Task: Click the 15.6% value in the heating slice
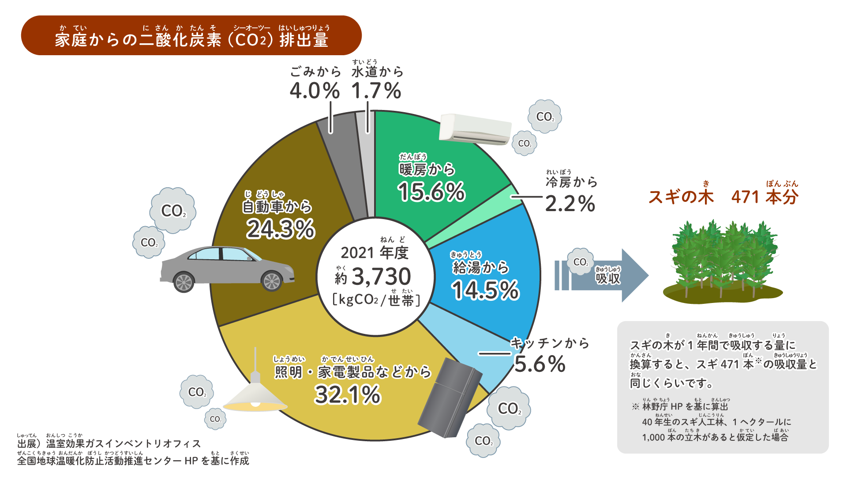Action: [431, 192]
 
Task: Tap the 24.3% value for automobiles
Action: [281, 229]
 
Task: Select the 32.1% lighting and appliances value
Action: [347, 395]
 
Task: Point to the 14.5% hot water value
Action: [485, 291]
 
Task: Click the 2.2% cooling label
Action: [570, 204]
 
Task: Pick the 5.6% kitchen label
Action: [540, 364]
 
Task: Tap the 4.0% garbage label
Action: [315, 91]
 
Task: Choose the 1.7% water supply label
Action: [376, 91]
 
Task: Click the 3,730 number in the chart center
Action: [381, 277]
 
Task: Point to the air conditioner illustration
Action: [476, 129]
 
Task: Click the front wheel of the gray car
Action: [271, 281]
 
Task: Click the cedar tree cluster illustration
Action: [723, 261]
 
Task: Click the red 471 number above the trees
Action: [745, 197]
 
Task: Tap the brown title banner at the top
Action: [191, 36]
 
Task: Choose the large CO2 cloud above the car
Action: [172, 210]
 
